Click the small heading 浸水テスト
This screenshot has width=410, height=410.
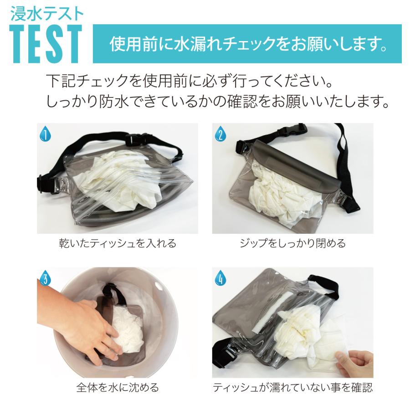coord(46,12)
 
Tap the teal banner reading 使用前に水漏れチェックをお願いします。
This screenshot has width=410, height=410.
coord(248,44)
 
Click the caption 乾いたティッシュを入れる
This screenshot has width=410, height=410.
coord(118,243)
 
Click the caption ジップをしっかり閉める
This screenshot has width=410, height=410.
coord(292,243)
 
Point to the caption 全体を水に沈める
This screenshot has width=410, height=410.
coord(118,388)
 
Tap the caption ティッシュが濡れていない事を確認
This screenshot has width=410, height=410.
coord(292,388)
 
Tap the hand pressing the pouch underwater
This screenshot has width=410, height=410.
coord(87,328)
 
